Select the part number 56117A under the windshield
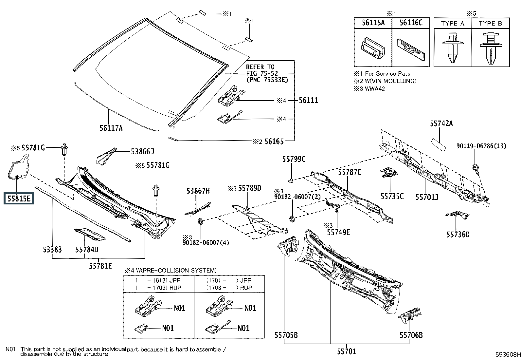pos(111,128)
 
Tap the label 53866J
pos(142,151)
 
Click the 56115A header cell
pos(373,23)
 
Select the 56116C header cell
pos(411,23)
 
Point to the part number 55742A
pos(441,123)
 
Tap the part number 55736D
pos(458,235)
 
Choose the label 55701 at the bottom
pos(347,351)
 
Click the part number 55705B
pos(286,335)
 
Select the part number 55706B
pos(411,335)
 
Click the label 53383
pos(52,250)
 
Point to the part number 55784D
pos(87,250)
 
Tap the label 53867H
pos(198,191)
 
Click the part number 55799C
pos(294,159)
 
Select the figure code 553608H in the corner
pos(507,355)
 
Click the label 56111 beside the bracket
pos(308,101)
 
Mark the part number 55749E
pos(338,232)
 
